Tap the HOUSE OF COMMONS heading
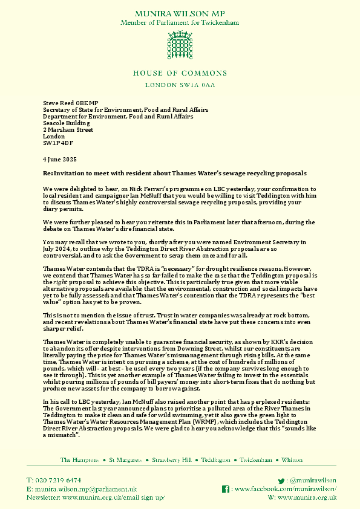click(x=180, y=73)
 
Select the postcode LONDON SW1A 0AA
click(x=180, y=86)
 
